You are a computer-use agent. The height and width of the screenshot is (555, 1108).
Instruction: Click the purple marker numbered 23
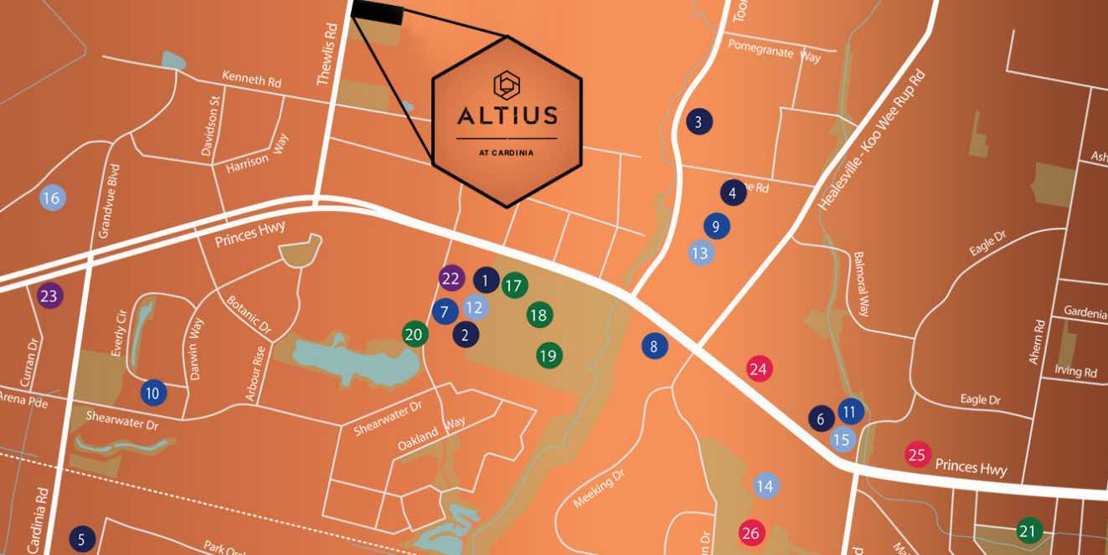tap(50, 296)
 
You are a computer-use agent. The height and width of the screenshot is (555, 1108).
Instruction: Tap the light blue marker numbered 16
tap(52, 198)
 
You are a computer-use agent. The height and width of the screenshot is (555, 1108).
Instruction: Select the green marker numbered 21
tap(1028, 531)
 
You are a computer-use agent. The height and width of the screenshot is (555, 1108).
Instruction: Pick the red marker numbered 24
tap(759, 369)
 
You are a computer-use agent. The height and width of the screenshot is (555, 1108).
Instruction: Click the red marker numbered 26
tap(750, 533)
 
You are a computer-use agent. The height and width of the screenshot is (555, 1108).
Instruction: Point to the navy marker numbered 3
tap(698, 122)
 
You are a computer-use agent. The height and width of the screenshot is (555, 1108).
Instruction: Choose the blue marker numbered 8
tap(654, 346)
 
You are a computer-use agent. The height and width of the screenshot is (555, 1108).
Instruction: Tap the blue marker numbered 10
tap(152, 393)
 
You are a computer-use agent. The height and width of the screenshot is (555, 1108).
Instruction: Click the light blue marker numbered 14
tap(765, 486)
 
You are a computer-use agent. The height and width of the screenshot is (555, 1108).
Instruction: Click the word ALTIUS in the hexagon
tap(507, 115)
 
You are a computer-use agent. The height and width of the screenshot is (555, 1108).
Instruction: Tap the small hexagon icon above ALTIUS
tap(507, 83)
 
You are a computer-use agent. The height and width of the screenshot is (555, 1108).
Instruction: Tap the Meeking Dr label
tap(600, 488)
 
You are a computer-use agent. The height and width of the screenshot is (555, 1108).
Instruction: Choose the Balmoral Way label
tap(862, 284)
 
